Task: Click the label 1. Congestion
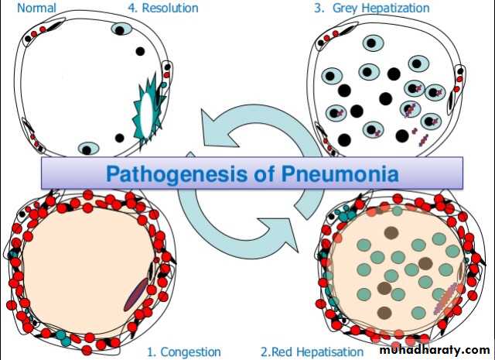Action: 184,351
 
